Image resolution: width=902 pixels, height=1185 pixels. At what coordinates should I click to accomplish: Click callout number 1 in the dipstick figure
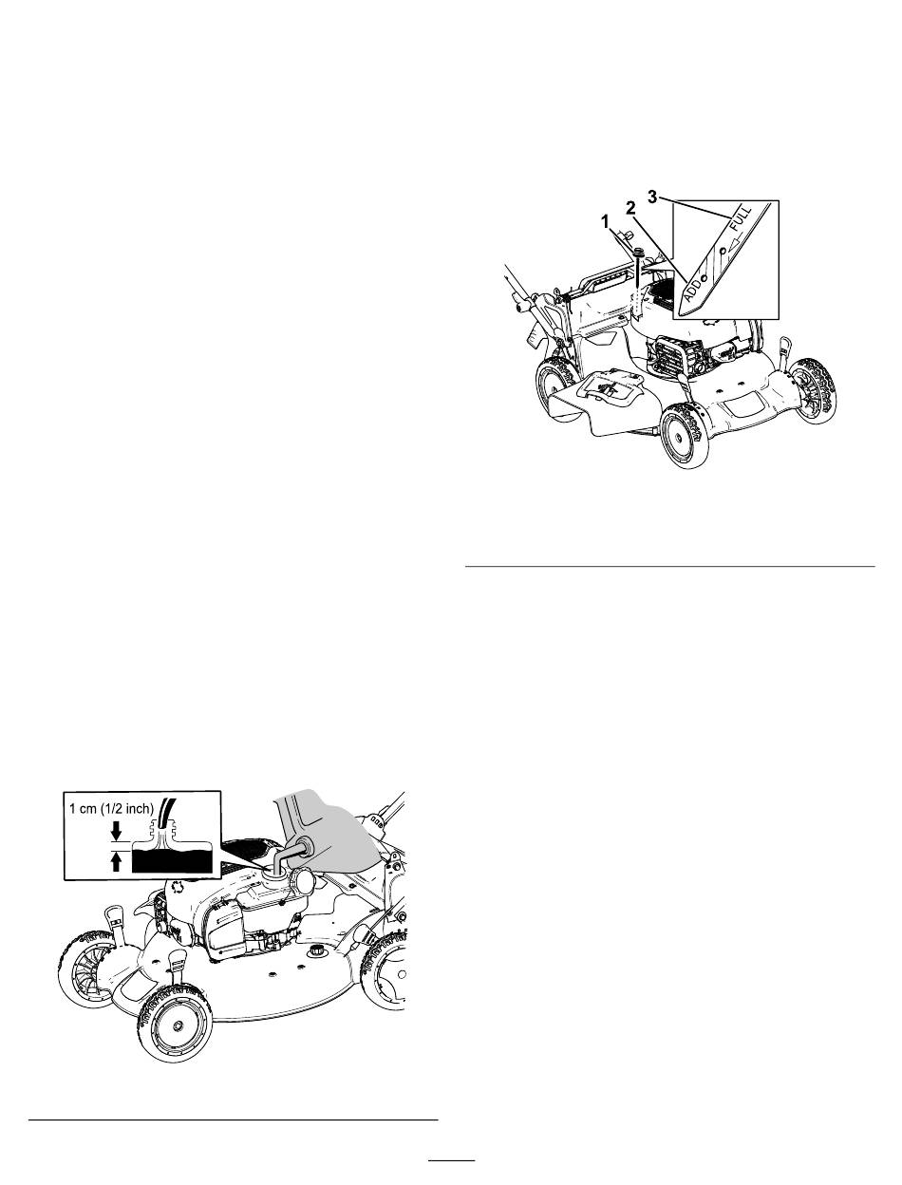pos(605,221)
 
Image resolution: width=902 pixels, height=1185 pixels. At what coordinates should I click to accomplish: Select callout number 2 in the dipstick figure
pos(630,208)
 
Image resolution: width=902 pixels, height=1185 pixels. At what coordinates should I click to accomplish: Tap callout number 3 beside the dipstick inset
pos(652,197)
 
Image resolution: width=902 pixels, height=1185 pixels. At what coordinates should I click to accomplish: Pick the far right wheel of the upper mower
pos(813,390)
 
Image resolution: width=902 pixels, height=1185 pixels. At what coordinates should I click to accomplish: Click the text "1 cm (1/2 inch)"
pos(112,809)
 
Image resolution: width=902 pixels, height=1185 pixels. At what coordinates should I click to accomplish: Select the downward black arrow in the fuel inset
pos(116,830)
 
